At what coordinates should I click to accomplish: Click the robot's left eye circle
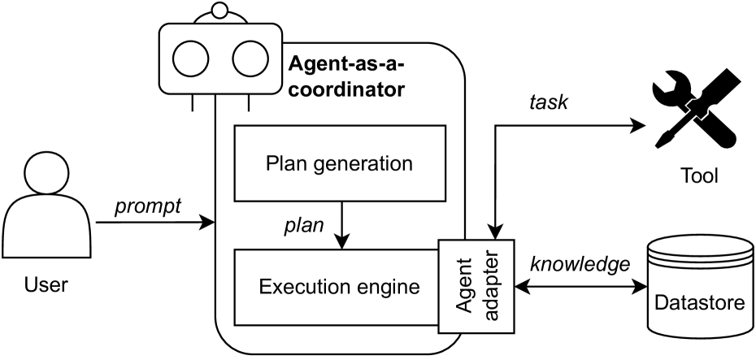click(x=193, y=59)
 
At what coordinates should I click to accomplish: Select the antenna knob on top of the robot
click(x=218, y=11)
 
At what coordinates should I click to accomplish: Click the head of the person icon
click(x=46, y=175)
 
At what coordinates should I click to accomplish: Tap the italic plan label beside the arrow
click(x=303, y=225)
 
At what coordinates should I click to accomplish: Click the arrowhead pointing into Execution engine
click(x=342, y=242)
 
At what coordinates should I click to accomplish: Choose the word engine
click(x=389, y=286)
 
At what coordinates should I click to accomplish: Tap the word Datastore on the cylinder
click(x=699, y=305)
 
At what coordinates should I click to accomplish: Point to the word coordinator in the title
click(x=347, y=89)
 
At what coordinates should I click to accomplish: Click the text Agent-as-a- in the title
click(x=346, y=63)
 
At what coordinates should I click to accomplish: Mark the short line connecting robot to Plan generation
click(x=248, y=103)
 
